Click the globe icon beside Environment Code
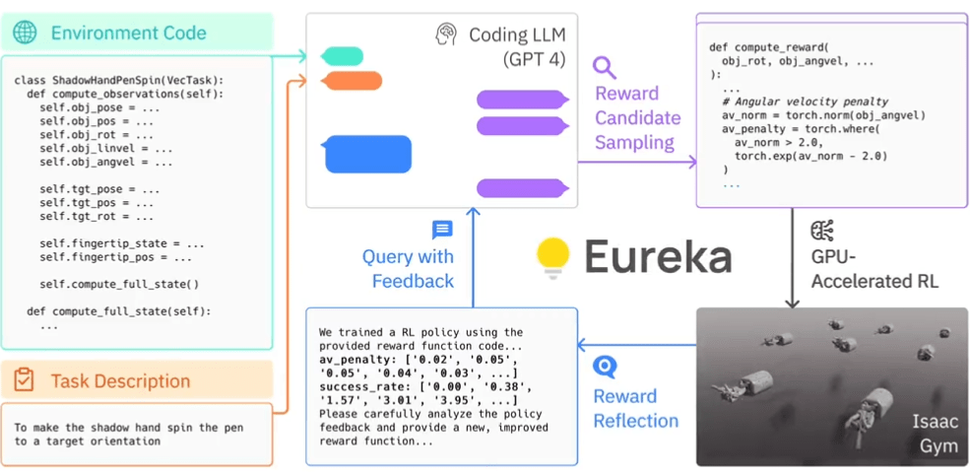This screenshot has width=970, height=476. point(25,33)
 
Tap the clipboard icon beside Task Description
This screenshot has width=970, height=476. point(25,380)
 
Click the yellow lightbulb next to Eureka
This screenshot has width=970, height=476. point(553,257)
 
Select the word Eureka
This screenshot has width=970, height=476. point(658,257)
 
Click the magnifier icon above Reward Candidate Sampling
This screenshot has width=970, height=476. point(605,67)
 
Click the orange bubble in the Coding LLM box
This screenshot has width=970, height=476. point(352,81)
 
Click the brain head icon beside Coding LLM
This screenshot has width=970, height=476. point(446,34)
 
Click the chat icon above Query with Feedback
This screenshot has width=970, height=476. point(442,230)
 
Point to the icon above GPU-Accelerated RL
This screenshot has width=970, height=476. point(821,232)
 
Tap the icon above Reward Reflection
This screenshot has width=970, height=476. point(606,368)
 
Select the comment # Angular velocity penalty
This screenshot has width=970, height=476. point(805,102)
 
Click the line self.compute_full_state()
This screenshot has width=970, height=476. point(119,285)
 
